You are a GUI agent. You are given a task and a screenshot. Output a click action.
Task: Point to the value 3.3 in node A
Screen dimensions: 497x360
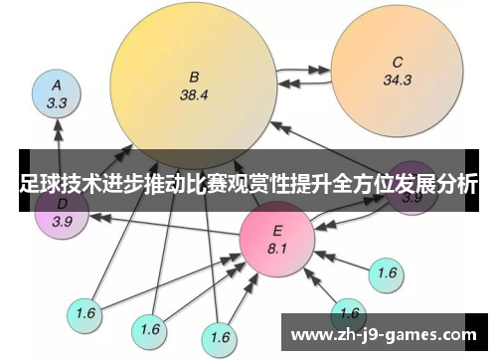point(58,101)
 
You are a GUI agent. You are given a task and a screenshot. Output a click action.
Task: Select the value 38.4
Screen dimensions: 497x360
point(195,96)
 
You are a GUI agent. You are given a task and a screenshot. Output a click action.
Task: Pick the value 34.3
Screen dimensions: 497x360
point(397,80)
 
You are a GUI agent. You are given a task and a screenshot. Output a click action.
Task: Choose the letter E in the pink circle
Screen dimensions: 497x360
point(277,230)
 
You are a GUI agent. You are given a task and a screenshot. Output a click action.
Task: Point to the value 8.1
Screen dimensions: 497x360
point(277,249)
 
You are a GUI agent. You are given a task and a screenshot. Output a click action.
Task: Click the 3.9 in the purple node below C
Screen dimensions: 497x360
point(412,198)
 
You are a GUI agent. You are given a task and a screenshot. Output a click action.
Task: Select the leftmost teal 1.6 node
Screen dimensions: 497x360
point(85,313)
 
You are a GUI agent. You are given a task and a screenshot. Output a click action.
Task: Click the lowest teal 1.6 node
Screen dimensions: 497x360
point(221,335)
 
